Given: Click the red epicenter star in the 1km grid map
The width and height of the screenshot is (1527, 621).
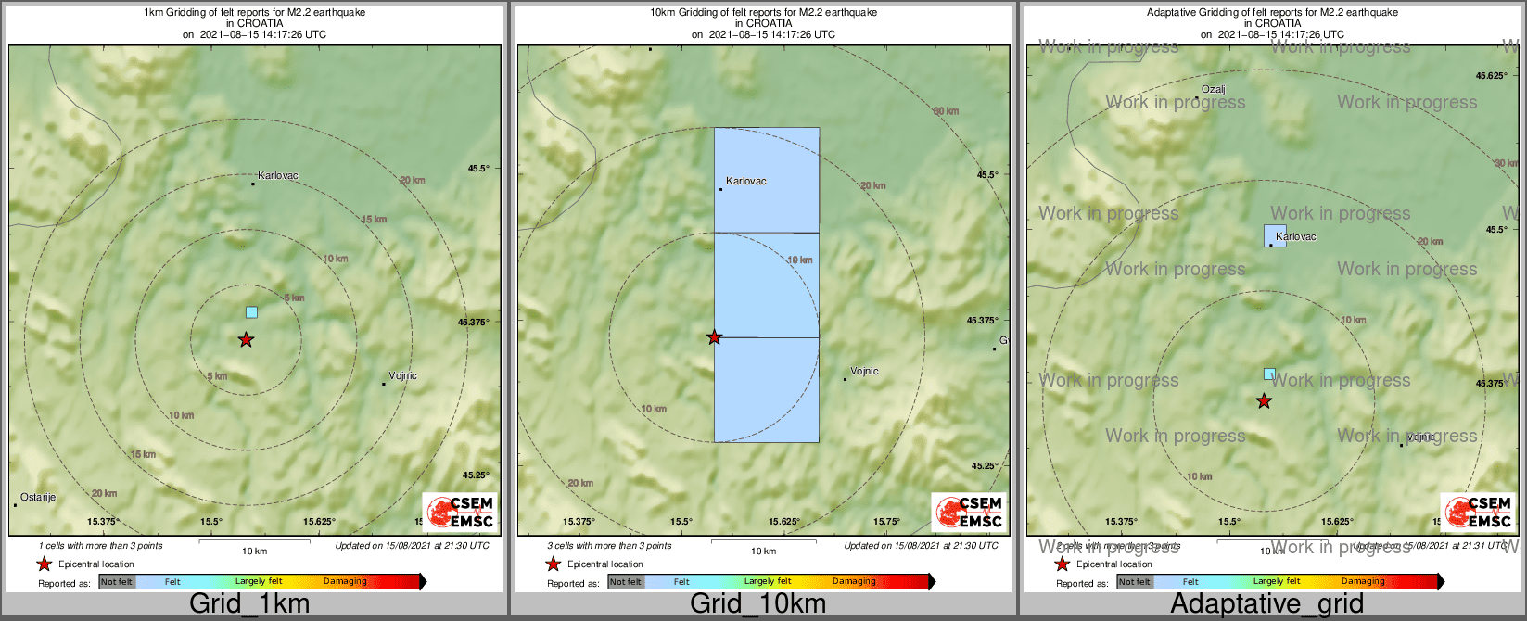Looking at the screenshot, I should (246, 339).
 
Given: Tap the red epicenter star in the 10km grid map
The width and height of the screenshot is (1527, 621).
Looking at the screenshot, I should (714, 336).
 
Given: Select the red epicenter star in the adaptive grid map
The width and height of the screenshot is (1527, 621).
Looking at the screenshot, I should (1264, 400).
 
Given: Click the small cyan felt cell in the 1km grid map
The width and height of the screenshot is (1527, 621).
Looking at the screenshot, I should (251, 312).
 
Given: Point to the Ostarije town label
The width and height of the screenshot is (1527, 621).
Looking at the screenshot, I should (38, 498).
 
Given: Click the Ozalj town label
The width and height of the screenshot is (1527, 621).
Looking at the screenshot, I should (1213, 90).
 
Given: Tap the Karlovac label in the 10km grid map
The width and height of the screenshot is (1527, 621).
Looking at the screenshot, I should (746, 182).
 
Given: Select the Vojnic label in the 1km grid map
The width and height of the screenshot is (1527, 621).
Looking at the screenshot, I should (402, 376).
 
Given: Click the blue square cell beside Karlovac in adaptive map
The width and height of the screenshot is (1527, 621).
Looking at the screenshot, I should (1275, 234).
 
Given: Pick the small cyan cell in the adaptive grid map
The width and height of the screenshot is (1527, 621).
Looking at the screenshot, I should (1269, 374).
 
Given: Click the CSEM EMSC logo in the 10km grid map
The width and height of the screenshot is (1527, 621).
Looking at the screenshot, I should (968, 512).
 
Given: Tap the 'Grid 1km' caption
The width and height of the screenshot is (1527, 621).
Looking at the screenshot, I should (249, 604).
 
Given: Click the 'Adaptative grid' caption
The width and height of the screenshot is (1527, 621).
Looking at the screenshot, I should (1266, 604).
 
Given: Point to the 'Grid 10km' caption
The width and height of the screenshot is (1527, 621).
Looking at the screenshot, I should (757, 604).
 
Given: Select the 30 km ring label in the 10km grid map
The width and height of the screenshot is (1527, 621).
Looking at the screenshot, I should (946, 111).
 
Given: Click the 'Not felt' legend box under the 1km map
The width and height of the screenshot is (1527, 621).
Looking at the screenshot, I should (117, 582).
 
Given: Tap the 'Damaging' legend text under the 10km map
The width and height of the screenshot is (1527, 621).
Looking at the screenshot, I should (853, 582).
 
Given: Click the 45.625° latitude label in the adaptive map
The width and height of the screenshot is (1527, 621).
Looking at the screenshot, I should (1491, 76).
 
